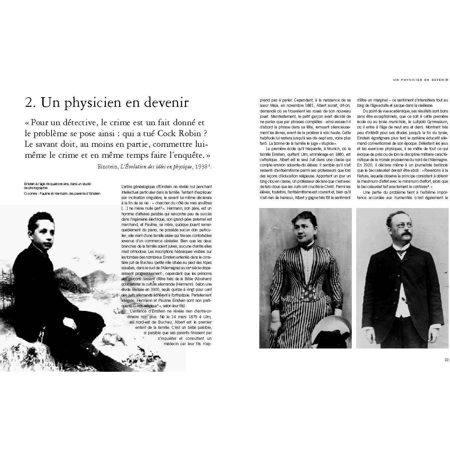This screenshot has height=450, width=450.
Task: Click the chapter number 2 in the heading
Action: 29,103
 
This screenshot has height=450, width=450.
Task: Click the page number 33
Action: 446,359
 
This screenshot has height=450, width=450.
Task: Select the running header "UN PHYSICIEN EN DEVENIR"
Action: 421,80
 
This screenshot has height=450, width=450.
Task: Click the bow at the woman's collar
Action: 306,247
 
